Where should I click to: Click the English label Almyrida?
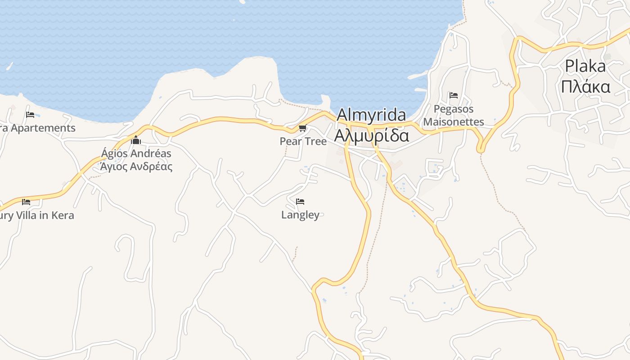371,116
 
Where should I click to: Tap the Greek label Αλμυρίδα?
372,135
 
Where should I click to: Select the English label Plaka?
585,67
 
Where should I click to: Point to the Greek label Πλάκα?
585,86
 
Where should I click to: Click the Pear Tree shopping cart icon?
303,128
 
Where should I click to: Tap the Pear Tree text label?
303,141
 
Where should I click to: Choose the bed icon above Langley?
300,201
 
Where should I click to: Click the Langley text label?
300,215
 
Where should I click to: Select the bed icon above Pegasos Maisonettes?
454,95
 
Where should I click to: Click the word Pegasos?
454,109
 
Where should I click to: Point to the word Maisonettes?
454,122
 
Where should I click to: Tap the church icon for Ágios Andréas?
136,140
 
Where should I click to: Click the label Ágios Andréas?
136,153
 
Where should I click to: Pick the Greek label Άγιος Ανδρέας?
136,166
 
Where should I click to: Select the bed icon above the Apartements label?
30,114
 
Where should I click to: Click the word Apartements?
43,128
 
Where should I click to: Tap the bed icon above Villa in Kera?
26,202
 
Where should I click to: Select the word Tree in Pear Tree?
315,141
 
